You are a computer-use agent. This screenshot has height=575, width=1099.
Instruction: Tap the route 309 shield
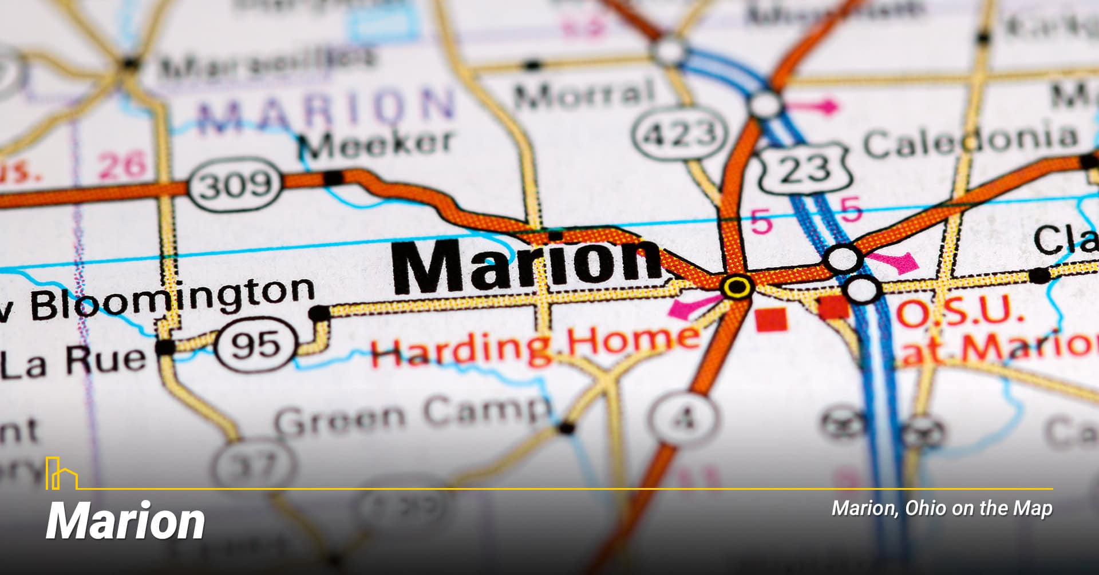click(235, 184)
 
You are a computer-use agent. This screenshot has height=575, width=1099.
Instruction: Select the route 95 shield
click(257, 344)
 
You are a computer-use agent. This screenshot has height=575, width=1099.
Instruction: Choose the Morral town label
click(584, 95)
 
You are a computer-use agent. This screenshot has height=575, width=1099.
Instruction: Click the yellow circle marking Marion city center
click(737, 287)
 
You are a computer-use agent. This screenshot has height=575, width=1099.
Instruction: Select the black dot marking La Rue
click(165, 347)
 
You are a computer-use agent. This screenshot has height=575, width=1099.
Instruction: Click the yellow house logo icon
click(61, 474)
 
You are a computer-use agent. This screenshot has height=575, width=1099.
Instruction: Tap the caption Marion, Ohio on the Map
click(942, 508)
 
